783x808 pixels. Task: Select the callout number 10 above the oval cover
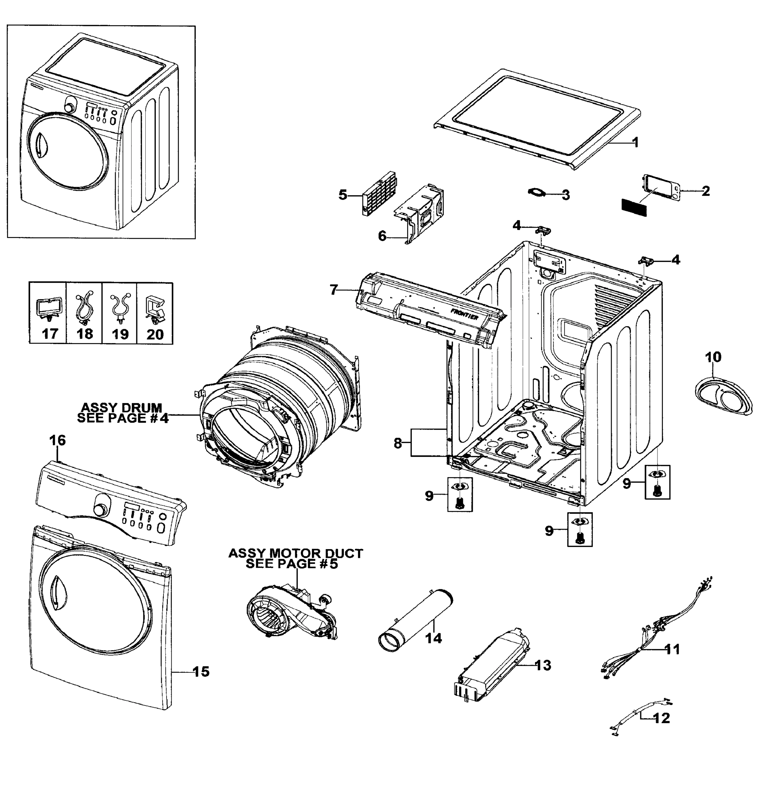pyautogui.click(x=713, y=357)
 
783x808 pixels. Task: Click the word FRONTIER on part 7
pyautogui.click(x=464, y=314)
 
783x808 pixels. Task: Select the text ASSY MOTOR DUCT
pyautogui.click(x=295, y=553)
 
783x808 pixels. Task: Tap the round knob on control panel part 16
pyautogui.click(x=100, y=509)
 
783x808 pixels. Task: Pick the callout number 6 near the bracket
pyautogui.click(x=382, y=236)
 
